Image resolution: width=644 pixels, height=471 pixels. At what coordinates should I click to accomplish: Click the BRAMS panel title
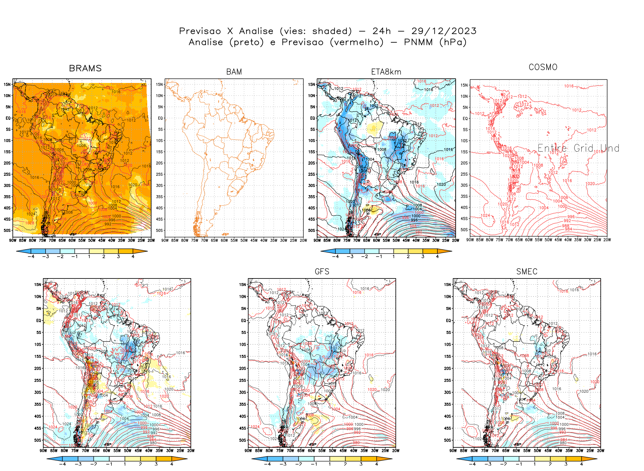[85, 68]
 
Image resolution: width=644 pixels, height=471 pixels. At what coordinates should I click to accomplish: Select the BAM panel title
[234, 72]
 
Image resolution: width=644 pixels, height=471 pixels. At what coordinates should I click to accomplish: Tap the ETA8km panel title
[386, 72]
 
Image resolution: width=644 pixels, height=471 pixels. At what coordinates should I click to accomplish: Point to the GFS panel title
[322, 272]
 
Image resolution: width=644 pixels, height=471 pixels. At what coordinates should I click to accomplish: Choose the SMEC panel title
[527, 272]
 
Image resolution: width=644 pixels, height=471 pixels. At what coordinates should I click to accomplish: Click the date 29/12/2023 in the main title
[444, 31]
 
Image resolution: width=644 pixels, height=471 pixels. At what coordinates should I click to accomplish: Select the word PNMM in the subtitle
[418, 42]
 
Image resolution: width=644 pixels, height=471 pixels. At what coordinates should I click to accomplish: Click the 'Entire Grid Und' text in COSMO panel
[578, 148]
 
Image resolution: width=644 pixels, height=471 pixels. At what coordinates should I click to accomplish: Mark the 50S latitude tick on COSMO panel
[464, 230]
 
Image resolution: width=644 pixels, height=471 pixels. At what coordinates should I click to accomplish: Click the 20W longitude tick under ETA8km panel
[455, 240]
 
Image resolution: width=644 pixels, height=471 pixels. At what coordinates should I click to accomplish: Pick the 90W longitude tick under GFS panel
[248, 451]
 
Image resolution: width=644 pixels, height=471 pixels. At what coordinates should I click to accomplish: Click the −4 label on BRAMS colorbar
[31, 256]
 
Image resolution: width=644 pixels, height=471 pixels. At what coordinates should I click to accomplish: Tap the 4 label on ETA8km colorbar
[437, 256]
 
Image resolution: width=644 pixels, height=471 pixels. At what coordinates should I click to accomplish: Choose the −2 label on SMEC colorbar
[503, 464]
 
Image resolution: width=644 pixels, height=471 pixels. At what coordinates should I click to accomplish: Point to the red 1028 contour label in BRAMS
[30, 223]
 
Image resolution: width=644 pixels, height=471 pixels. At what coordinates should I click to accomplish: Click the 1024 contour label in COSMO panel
[485, 215]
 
